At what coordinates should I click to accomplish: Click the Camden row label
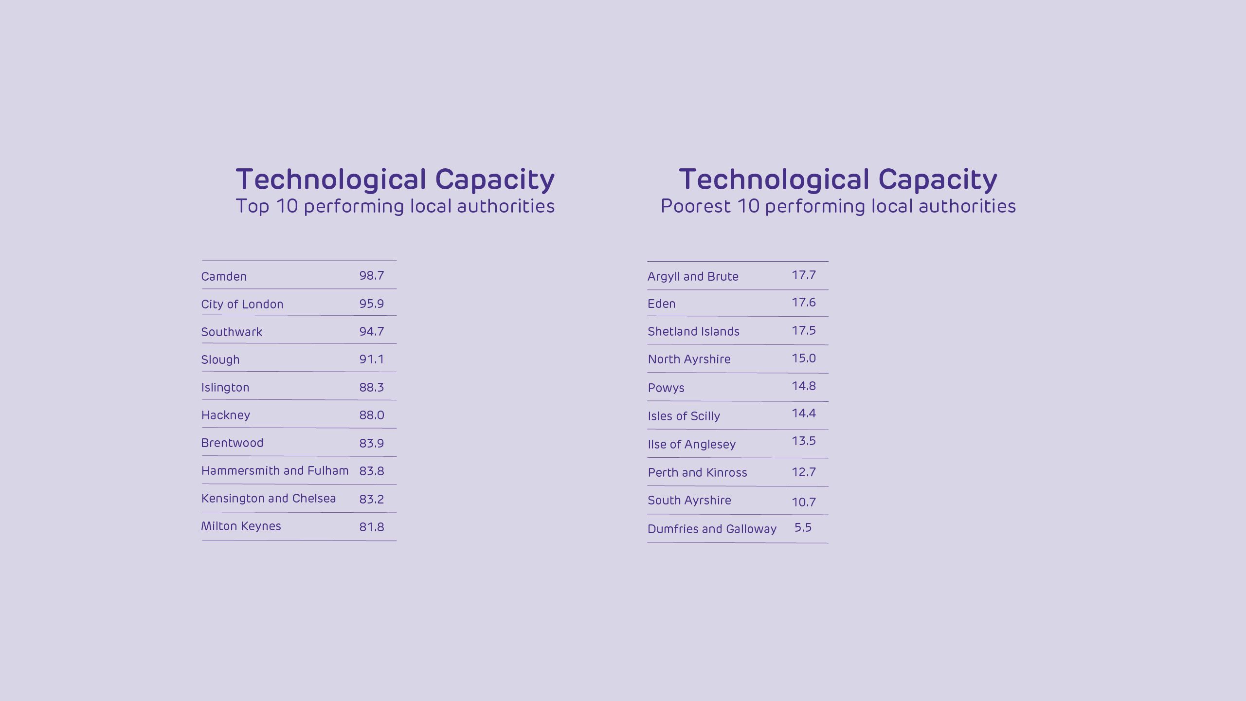(x=224, y=276)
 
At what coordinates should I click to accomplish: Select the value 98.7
(x=372, y=275)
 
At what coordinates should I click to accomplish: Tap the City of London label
(x=242, y=304)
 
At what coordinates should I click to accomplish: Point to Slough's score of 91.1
(x=372, y=359)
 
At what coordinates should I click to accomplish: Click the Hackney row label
(x=225, y=415)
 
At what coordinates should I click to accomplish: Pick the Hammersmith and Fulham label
(x=274, y=470)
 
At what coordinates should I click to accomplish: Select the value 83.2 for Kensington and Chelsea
(x=372, y=499)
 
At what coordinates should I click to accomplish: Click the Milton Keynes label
(x=241, y=526)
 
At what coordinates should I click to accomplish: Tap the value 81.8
(x=372, y=527)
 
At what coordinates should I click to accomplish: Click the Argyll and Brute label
(x=693, y=276)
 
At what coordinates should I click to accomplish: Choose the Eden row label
(x=661, y=304)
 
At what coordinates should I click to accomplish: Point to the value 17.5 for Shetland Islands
(x=803, y=330)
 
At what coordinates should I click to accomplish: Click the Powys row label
(x=666, y=388)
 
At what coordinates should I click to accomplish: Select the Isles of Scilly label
(x=684, y=416)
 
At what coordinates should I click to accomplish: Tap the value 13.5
(x=803, y=441)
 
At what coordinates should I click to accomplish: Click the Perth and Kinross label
(x=697, y=472)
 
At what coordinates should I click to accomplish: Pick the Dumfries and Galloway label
(x=712, y=529)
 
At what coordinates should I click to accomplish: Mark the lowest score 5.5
(x=803, y=527)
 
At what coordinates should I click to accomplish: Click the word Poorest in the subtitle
(x=695, y=206)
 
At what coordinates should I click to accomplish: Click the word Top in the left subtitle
(x=252, y=206)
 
